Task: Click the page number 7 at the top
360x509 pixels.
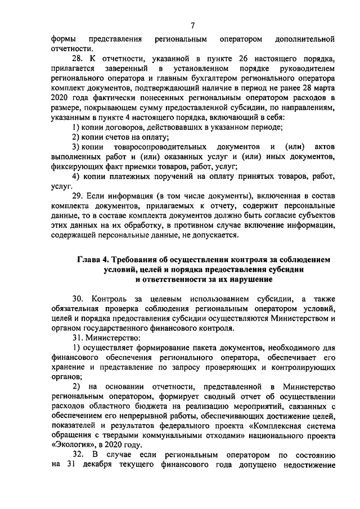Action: (192, 25)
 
